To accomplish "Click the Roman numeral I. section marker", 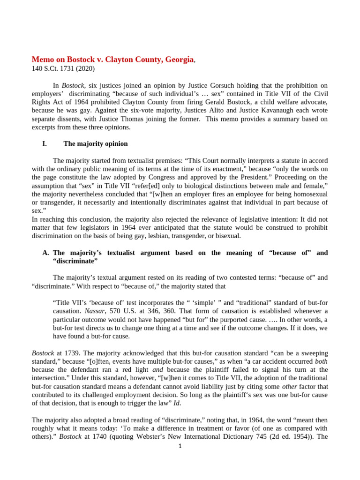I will [45, 143].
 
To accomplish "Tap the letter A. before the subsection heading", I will [45, 253].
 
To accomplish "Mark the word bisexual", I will [226, 235].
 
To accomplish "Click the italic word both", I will [321, 361].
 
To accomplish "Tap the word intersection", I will [50, 378].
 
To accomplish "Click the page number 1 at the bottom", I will [180, 446].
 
